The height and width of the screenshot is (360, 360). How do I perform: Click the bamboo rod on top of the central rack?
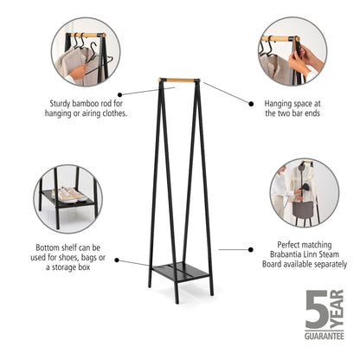pos(179,81)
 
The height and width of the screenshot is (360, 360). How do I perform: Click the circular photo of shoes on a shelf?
pos(67,199)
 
